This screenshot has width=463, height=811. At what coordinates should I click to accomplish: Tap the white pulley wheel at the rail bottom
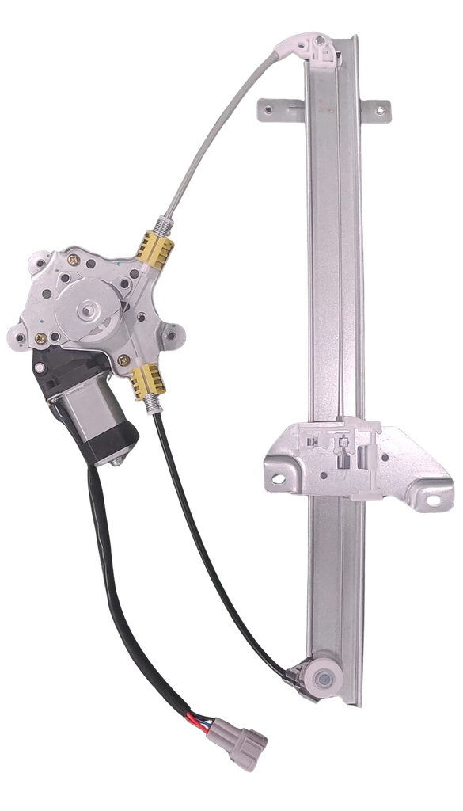(x=324, y=676)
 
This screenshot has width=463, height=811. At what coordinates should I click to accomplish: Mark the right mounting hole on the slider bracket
(x=432, y=499)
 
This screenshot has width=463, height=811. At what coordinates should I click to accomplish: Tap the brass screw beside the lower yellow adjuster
(x=123, y=360)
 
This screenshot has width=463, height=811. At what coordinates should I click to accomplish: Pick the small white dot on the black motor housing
(x=46, y=369)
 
